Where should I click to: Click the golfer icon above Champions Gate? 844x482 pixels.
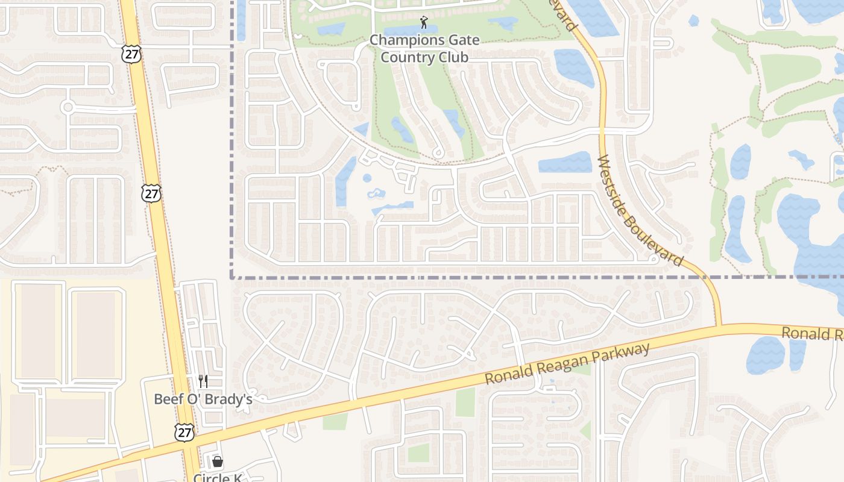tap(424, 23)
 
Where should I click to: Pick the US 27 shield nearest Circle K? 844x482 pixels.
tap(184, 432)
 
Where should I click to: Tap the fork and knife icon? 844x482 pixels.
tap(203, 381)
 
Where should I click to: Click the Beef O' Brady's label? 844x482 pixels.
tap(203, 399)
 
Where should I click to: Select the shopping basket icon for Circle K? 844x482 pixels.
tap(218, 462)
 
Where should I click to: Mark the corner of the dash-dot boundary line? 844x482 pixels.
tap(232, 278)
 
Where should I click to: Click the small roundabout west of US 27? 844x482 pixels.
tap(68, 108)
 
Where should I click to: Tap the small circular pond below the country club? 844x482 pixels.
tap(367, 178)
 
